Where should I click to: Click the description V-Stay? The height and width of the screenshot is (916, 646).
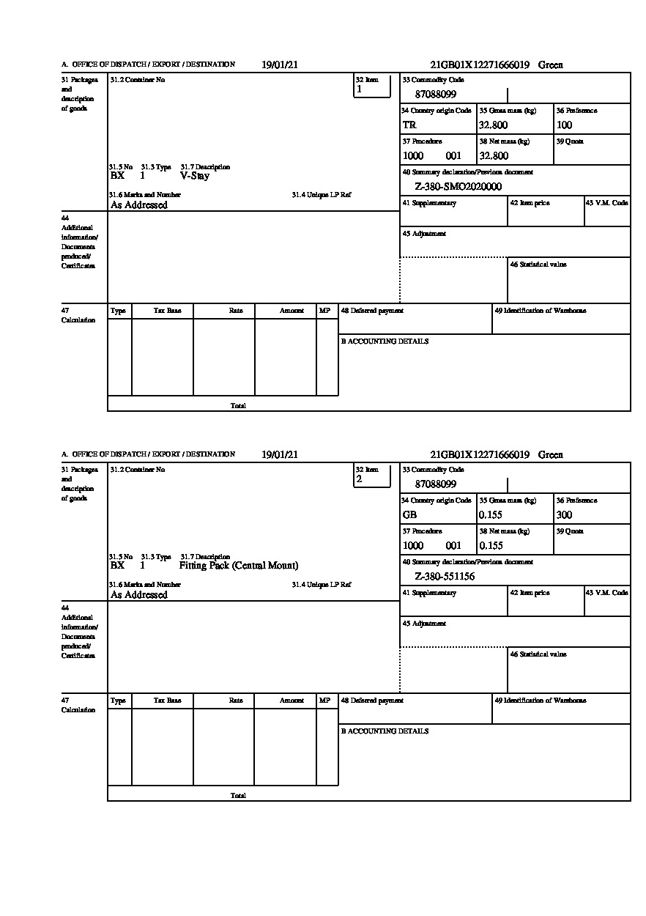pyautogui.click(x=194, y=176)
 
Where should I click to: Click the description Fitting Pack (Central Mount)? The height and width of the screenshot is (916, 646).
pyautogui.click(x=239, y=566)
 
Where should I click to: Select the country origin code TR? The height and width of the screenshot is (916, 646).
pyautogui.click(x=409, y=125)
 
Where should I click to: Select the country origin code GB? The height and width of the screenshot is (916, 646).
pyautogui.click(x=409, y=515)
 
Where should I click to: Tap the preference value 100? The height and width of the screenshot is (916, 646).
pyautogui.click(x=564, y=125)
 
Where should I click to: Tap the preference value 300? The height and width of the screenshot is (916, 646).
pyautogui.click(x=564, y=515)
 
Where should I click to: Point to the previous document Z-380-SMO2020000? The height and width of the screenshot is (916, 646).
pyautogui.click(x=458, y=187)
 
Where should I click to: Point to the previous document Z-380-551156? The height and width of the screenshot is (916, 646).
pyautogui.click(x=445, y=577)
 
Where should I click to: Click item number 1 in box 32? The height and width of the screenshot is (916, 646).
pyautogui.click(x=359, y=89)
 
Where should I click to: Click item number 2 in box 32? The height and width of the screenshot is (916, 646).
pyautogui.click(x=359, y=479)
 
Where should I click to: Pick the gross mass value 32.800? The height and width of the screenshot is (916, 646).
pyautogui.click(x=493, y=125)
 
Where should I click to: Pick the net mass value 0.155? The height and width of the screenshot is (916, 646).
pyautogui.click(x=491, y=546)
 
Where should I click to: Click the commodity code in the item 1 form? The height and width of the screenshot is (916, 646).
pyautogui.click(x=436, y=95)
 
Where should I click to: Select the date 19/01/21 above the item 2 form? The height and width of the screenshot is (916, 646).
pyautogui.click(x=280, y=454)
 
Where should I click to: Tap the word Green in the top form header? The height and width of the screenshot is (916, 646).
pyautogui.click(x=551, y=65)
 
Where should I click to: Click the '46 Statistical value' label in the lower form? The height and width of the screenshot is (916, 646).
pyautogui.click(x=538, y=654)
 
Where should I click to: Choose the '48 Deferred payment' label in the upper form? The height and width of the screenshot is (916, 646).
pyautogui.click(x=372, y=311)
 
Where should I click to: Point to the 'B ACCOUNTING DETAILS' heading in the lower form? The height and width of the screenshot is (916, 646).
pyautogui.click(x=385, y=731)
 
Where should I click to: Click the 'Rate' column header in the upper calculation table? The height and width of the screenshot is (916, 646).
pyautogui.click(x=236, y=311)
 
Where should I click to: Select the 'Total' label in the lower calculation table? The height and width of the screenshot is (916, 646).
pyautogui.click(x=238, y=796)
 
